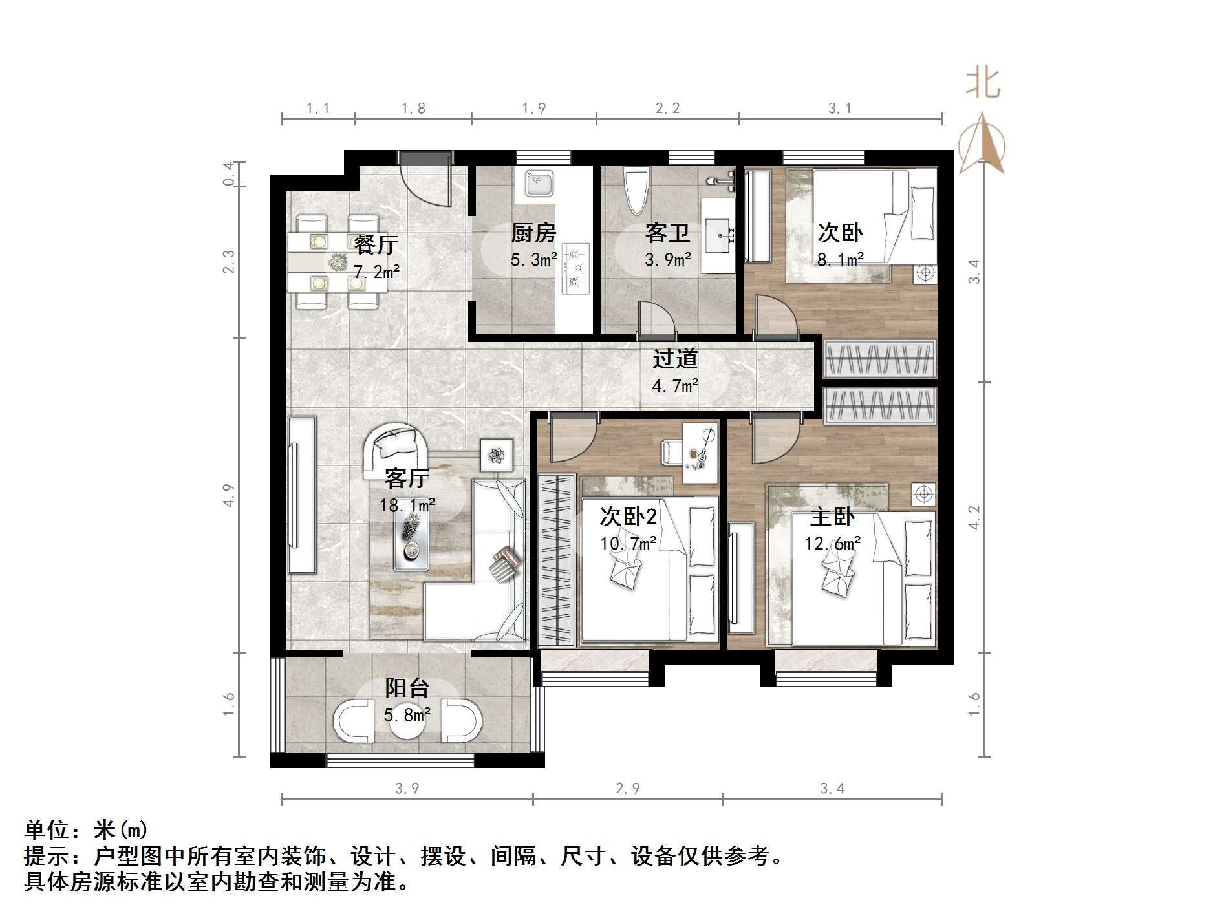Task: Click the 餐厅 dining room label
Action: tap(376, 244)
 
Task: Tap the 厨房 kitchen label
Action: tap(533, 233)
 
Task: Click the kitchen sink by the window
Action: tap(538, 183)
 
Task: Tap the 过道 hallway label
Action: tap(674, 359)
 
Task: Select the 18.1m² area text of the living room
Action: tap(407, 504)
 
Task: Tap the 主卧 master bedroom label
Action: tap(832, 517)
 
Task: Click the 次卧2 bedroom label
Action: tap(627, 516)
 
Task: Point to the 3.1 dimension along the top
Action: tap(839, 109)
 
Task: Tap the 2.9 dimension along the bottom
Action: tap(627, 788)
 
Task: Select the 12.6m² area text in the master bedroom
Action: tap(832, 543)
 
